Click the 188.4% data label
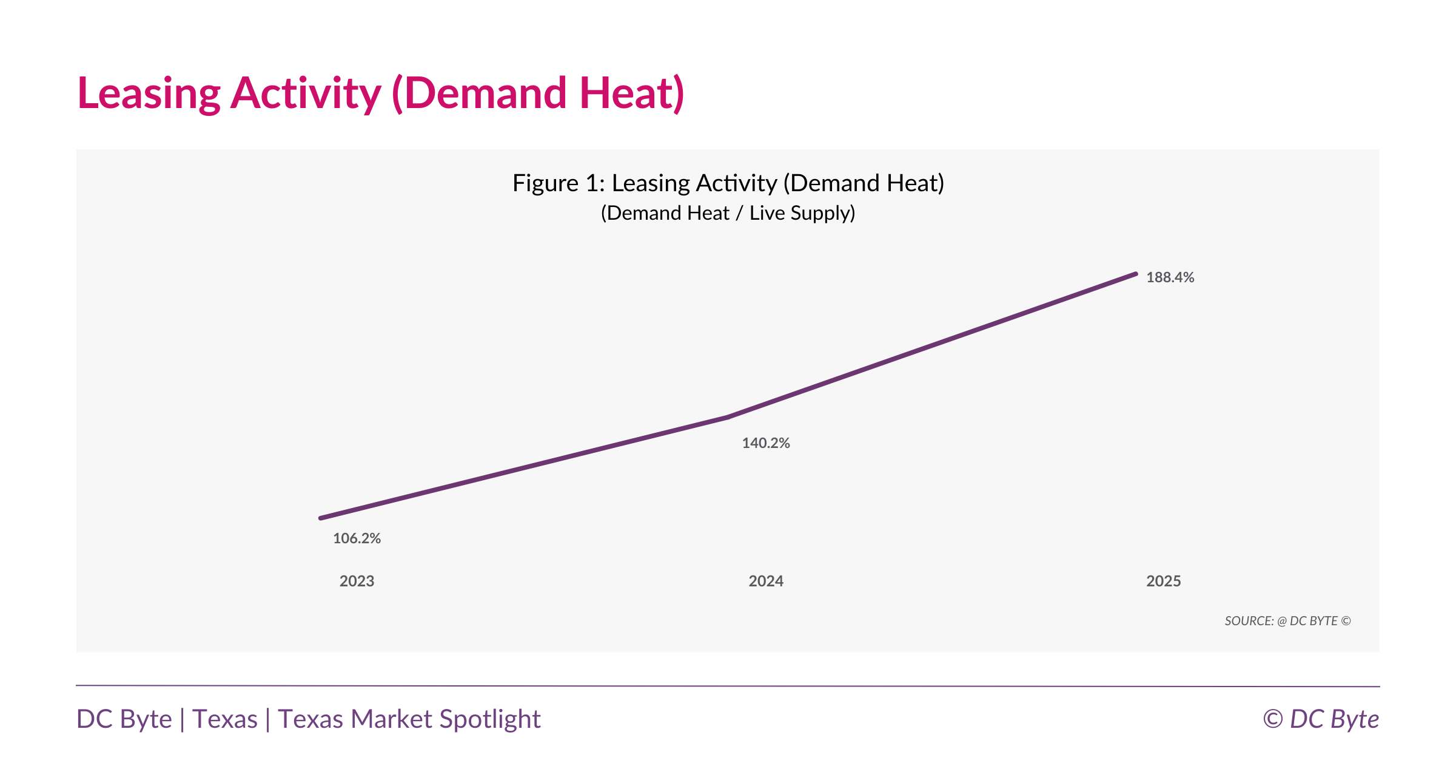[1170, 277]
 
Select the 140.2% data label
[766, 443]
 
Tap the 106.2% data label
[357, 538]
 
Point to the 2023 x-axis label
[357, 581]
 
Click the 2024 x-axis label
[766, 581]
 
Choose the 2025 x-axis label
[1163, 581]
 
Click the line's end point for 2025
[1135, 274]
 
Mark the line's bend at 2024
[728, 417]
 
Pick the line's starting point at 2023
[321, 518]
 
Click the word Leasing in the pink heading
[149, 94]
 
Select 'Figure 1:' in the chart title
[559, 183]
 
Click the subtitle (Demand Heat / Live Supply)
[728, 213]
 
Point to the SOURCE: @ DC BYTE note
[1287, 621]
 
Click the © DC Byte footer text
[1321, 719]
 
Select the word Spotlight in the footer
[490, 719]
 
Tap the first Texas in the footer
[225, 719]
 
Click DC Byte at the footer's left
[124, 719]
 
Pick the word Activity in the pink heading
[306, 94]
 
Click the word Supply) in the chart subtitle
[823, 213]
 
